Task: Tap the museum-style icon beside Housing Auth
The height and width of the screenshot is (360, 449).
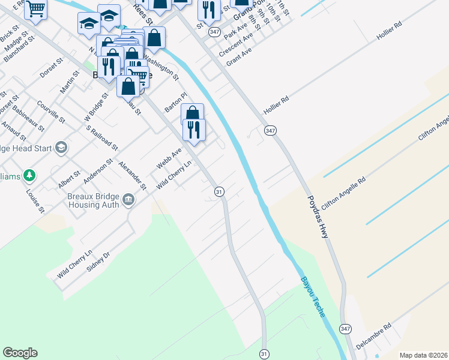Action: [x=128, y=199]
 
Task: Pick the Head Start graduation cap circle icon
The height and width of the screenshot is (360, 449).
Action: [x=61, y=147]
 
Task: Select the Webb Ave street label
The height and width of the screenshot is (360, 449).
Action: [x=169, y=158]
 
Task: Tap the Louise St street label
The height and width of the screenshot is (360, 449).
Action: [x=35, y=201]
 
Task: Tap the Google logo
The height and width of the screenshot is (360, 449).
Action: [x=20, y=353]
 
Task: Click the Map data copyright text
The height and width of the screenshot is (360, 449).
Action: [x=424, y=355]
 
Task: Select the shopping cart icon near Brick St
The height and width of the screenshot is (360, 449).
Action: [x=35, y=9]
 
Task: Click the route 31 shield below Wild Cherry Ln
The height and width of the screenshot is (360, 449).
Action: [x=219, y=191]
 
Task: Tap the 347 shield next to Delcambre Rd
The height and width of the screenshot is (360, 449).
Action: [x=345, y=329]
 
